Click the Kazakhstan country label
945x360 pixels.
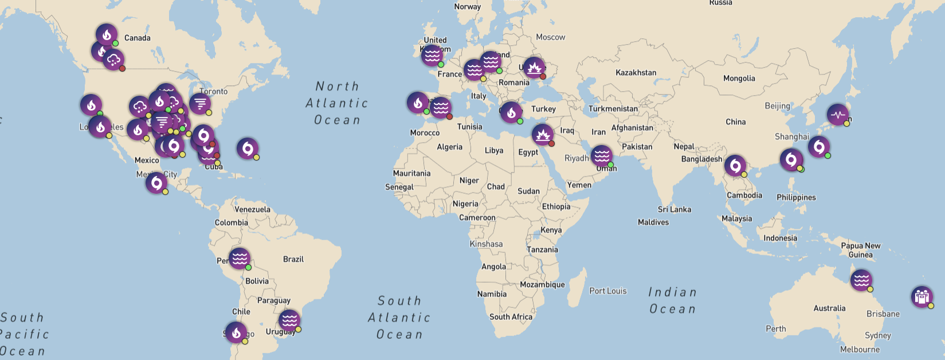click(x=636, y=73)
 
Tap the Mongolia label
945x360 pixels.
click(x=739, y=79)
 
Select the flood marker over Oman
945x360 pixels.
click(x=601, y=155)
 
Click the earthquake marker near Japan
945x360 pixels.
click(x=837, y=115)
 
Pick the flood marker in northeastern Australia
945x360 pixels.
click(x=861, y=280)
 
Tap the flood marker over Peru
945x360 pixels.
click(x=239, y=258)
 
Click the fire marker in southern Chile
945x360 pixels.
click(x=236, y=332)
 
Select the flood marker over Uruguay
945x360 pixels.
click(x=289, y=320)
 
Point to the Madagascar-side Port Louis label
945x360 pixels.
click(x=607, y=291)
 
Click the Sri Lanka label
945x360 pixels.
click(x=674, y=209)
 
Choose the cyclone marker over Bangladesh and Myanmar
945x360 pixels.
click(x=735, y=166)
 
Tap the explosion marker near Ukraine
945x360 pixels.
click(x=534, y=68)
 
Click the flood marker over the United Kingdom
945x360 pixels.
click(x=432, y=56)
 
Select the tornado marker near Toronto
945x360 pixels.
click(x=200, y=104)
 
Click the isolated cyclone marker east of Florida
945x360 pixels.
click(x=247, y=148)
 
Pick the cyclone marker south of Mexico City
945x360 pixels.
click(x=156, y=183)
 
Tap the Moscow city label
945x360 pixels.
click(x=550, y=37)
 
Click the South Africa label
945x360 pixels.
click(x=511, y=316)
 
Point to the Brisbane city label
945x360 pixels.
click(x=883, y=314)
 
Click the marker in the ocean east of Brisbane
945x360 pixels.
click(x=922, y=296)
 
